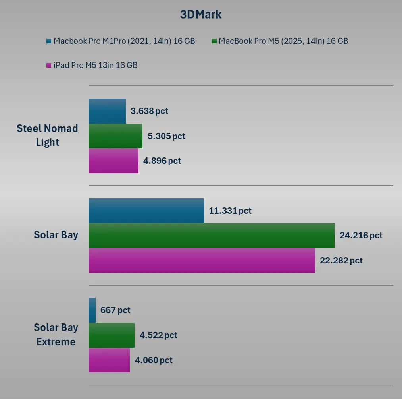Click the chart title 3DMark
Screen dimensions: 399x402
tap(201, 15)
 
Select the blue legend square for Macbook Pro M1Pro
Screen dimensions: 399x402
tap(49, 41)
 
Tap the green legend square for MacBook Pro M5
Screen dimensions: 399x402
tap(214, 41)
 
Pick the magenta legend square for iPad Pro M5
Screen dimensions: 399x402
tap(49, 65)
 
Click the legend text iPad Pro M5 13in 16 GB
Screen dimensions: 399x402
tap(95, 65)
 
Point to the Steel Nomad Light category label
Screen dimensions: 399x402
tap(47, 136)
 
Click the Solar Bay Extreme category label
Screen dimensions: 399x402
tap(56, 335)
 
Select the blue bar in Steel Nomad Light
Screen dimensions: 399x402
tap(107, 111)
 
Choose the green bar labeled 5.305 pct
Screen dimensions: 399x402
tap(115, 136)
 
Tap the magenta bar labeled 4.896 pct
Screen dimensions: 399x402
tap(113, 161)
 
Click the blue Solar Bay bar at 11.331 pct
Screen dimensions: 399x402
tap(146, 211)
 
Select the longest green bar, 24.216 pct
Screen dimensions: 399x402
tap(212, 235)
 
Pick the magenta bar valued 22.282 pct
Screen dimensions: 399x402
tap(202, 260)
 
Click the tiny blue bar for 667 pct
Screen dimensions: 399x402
tap(92, 310)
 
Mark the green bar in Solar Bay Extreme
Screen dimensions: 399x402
tap(112, 335)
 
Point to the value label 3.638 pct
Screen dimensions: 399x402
tap(149, 111)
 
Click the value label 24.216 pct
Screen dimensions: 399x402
tap(361, 235)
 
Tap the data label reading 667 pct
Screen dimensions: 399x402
tap(115, 310)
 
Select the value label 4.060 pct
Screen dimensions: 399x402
tap(154, 360)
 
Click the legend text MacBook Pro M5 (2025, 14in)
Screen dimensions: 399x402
tap(283, 41)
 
